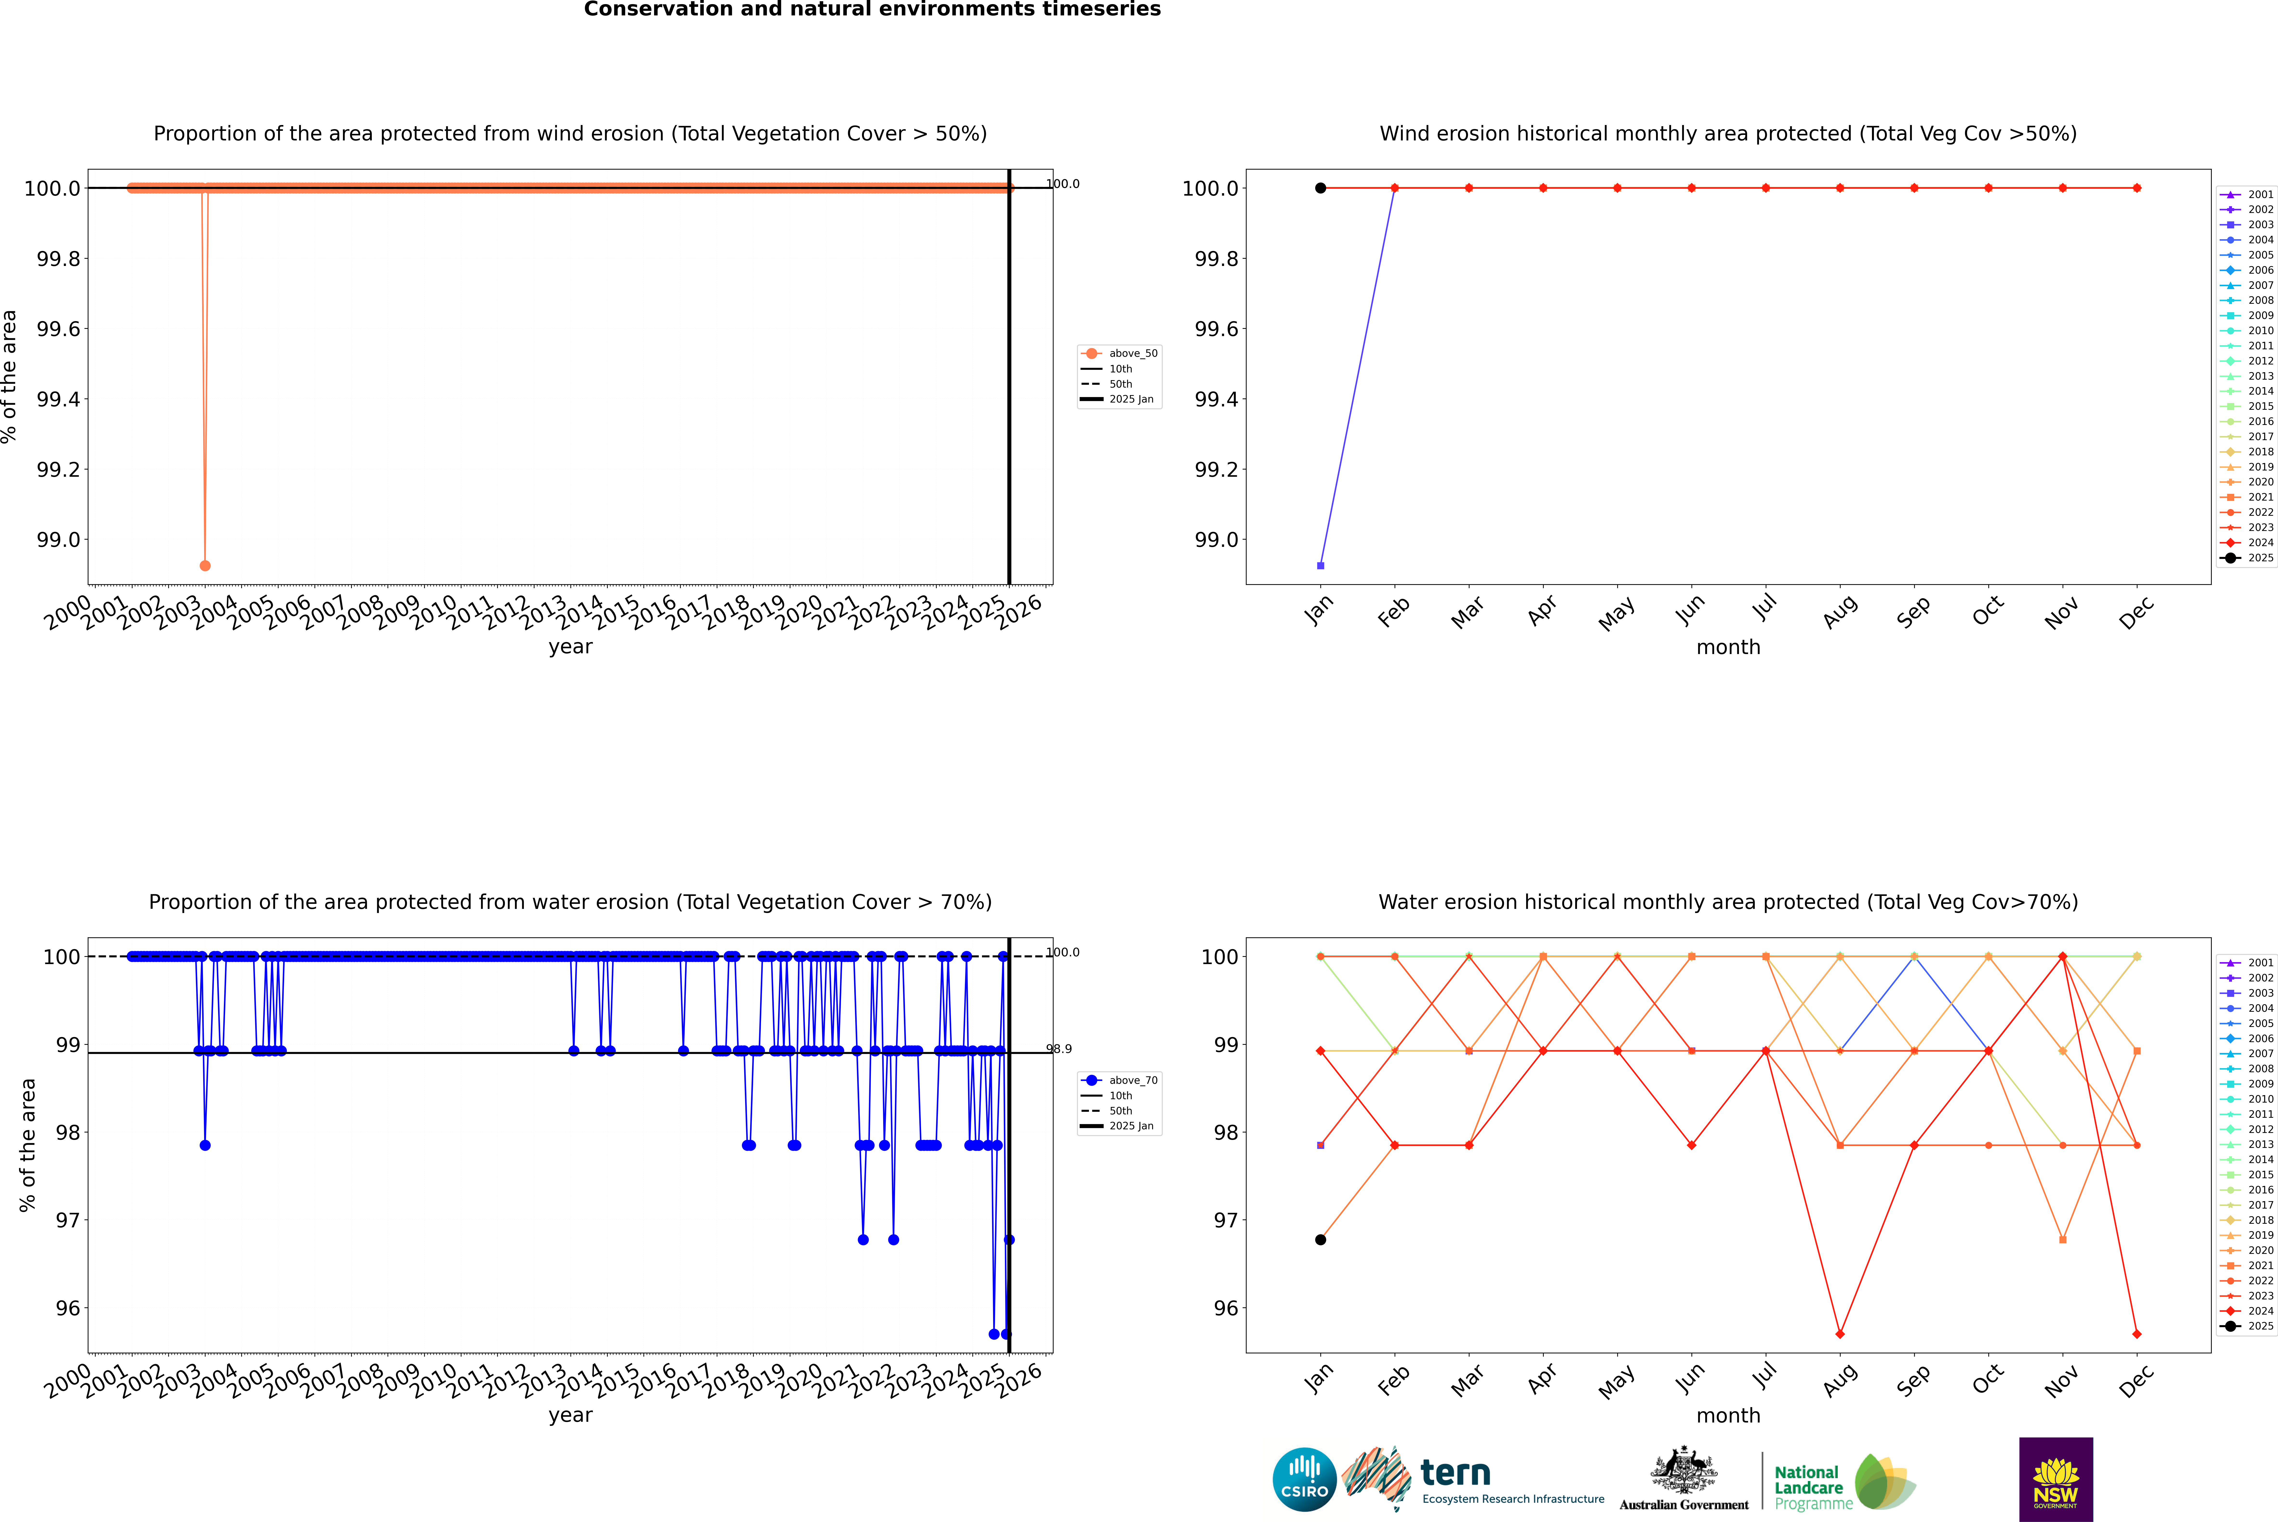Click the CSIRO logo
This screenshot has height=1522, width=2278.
(1304, 1479)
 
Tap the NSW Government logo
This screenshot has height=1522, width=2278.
(2056, 1479)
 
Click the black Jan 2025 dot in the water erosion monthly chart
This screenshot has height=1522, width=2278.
(1321, 1239)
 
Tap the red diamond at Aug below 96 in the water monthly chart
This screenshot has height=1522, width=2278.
(1840, 1334)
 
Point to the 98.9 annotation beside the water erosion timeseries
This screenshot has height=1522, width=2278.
(1059, 1049)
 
